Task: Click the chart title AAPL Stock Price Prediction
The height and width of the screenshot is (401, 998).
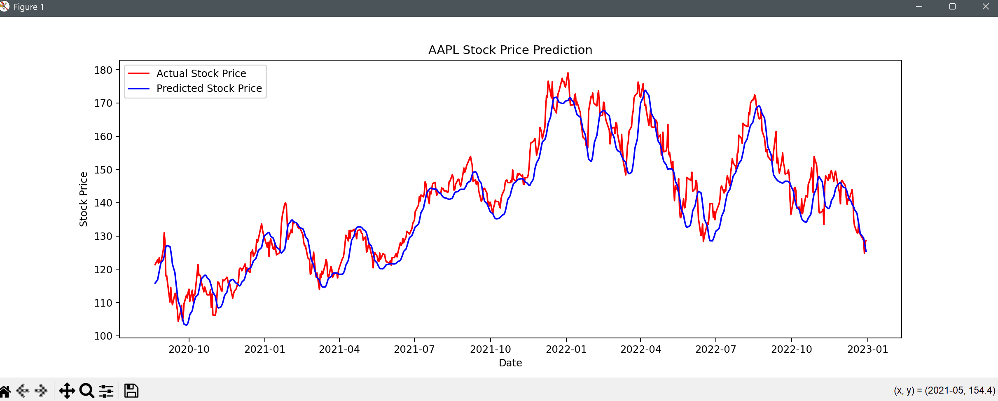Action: [510, 50]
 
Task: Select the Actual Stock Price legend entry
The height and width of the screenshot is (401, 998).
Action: [201, 74]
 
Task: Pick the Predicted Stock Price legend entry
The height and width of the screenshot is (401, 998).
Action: [209, 89]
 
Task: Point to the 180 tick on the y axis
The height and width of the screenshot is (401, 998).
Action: [103, 70]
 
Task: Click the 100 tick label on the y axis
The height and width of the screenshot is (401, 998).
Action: [103, 336]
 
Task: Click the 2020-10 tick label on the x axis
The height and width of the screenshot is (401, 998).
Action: [189, 349]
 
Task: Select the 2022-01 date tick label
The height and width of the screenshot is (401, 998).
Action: [566, 349]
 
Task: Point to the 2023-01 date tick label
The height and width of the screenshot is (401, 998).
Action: [867, 349]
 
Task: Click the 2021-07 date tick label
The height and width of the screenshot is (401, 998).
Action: [414, 349]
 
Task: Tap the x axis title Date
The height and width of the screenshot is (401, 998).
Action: [510, 363]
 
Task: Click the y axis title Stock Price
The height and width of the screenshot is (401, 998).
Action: [84, 199]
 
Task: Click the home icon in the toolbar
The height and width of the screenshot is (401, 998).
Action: [5, 391]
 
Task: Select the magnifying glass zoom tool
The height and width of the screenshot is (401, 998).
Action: [86, 391]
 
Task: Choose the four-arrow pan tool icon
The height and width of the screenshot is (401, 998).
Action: [67, 391]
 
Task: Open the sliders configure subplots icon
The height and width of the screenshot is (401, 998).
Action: [106, 391]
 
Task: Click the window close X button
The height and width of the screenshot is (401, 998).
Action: [986, 7]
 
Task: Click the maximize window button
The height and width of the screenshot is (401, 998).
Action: [952, 7]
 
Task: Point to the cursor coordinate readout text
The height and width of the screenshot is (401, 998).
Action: [944, 390]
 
